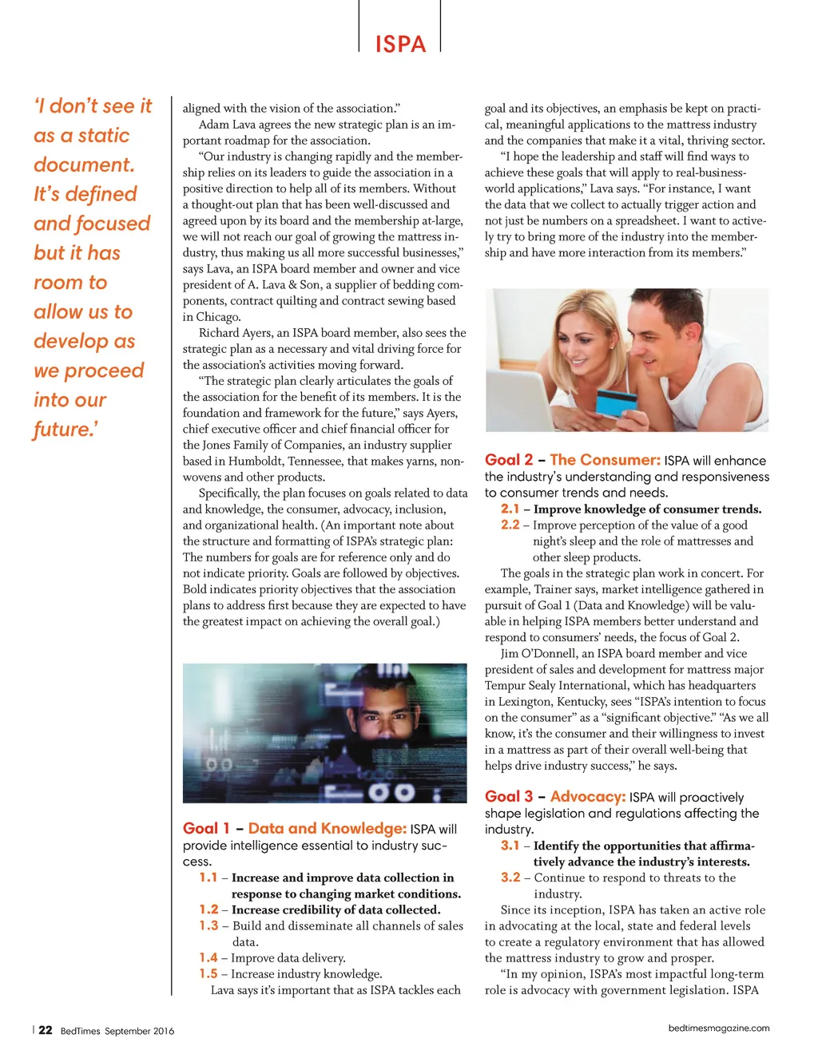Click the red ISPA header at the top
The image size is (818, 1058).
click(x=400, y=44)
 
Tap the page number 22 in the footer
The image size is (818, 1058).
click(x=46, y=1030)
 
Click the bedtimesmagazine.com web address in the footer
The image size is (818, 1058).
click(x=719, y=1028)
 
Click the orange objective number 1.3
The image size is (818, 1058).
click(x=208, y=925)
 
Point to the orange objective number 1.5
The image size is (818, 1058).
click(x=208, y=973)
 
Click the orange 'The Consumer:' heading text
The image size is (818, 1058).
click(x=605, y=460)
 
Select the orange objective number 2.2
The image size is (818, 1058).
click(x=510, y=525)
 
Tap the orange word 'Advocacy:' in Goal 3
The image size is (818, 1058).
click(x=587, y=797)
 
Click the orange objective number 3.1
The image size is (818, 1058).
click(x=510, y=846)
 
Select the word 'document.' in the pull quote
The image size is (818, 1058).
click(x=84, y=165)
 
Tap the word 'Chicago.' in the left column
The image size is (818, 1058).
click(x=217, y=317)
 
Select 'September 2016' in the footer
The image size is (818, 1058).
click(x=139, y=1031)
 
